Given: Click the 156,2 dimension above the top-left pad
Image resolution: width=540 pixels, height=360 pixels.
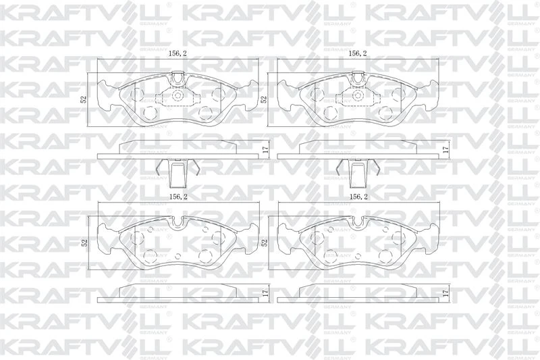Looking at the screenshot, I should coord(177,53).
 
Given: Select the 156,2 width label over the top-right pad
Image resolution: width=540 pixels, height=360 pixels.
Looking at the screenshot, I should coord(357,53).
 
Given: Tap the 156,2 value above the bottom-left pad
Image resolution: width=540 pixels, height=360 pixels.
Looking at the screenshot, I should coord(177,197).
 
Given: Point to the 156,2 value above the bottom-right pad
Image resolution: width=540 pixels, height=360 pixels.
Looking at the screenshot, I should coord(357,197).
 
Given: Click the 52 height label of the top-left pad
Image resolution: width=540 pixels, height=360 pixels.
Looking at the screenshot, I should coord(84,99).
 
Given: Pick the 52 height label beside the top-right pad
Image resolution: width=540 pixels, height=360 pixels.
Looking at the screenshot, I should coord(265,99).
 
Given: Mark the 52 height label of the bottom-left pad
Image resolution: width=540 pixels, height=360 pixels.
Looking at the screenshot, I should coord(84,242).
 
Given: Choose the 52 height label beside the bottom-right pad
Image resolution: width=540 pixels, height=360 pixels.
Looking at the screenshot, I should coord(265,242).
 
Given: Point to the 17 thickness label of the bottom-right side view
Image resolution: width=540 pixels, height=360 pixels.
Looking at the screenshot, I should coord(446,294).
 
